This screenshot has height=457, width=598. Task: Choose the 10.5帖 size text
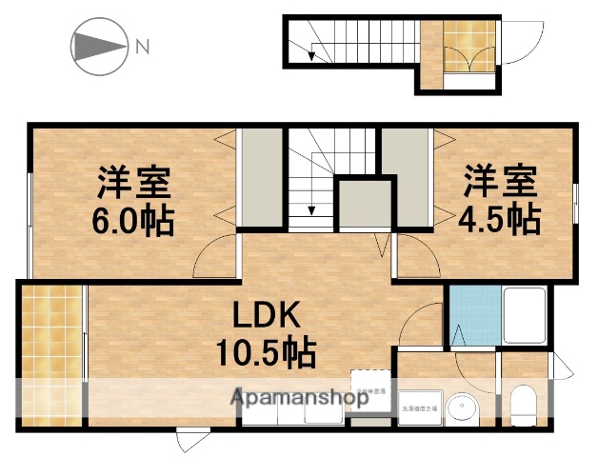tap(257, 354)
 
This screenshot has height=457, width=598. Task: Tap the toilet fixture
tap(525, 406)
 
